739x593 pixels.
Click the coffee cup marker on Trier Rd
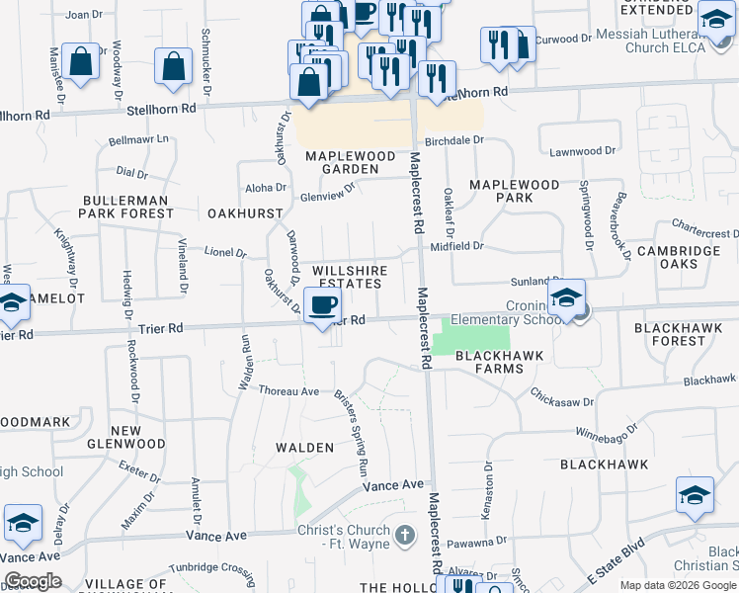tap(323, 305)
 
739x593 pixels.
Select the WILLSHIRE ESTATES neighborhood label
tap(347, 277)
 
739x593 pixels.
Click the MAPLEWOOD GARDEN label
tap(342, 162)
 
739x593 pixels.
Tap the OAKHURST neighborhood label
tap(246, 212)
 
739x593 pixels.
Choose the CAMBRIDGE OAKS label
tap(679, 257)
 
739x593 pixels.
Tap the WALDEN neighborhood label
tap(304, 448)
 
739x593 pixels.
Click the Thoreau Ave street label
tap(288, 391)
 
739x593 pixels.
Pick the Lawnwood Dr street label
tap(582, 151)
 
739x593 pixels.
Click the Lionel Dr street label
tap(224, 253)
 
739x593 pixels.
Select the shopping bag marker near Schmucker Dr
tap(174, 67)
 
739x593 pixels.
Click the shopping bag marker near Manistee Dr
tap(80, 61)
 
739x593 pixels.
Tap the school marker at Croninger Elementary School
tap(567, 297)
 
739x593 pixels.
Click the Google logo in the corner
tap(33, 581)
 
